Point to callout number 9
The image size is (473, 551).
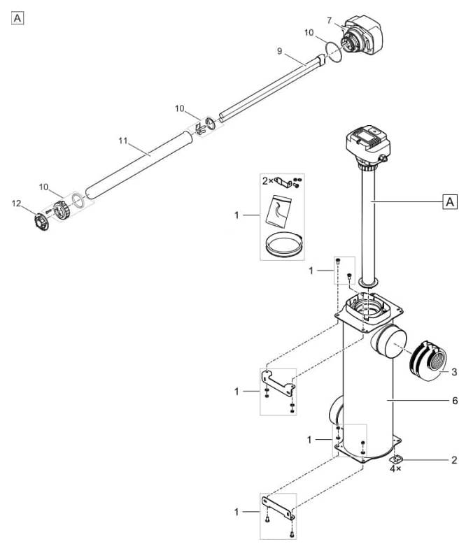click(280, 51)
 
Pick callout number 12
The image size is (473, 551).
click(17, 203)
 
